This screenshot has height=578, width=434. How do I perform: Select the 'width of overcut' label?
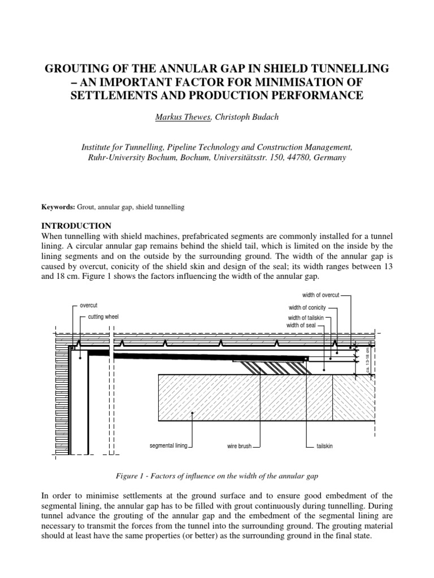tap(320, 295)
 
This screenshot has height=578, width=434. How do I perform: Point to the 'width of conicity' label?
tap(307, 308)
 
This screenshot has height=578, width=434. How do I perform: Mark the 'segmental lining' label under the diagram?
tap(168, 446)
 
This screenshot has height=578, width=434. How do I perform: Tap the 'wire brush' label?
tap(239, 446)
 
